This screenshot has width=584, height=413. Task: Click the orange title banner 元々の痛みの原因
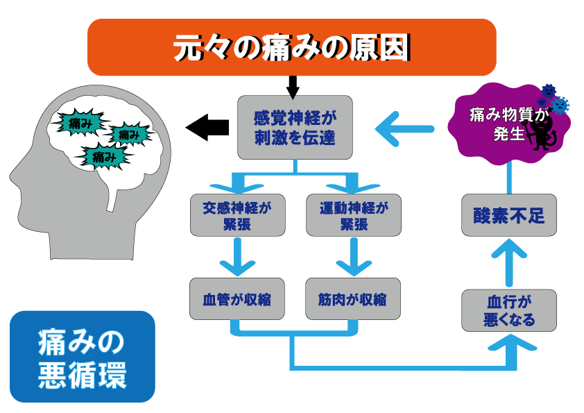tap(291, 47)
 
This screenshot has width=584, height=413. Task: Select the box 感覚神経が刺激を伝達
tap(295, 128)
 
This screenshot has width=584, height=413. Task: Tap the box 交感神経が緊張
tap(238, 215)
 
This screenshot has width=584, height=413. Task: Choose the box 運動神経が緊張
tap(354, 215)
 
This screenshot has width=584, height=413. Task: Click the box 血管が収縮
tap(237, 298)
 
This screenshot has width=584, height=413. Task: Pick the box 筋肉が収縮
tap(353, 298)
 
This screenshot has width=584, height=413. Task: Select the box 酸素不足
tap(509, 215)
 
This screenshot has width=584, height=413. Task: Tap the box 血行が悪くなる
tap(509, 310)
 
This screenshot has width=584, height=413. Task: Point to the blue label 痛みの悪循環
tap(83, 357)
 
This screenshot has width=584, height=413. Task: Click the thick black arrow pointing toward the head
tap(207, 128)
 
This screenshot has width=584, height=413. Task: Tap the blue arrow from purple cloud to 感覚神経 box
tap(404, 129)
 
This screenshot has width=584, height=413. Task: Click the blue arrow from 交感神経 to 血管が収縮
tap(238, 257)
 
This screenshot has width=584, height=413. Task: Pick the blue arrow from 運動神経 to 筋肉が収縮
tap(354, 257)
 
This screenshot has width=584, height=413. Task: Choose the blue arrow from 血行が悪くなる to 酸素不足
tap(509, 263)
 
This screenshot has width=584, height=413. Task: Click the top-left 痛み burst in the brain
tap(79, 122)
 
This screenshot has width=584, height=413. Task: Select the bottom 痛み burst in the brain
tap(104, 157)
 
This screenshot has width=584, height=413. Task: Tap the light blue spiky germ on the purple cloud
tap(560, 106)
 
